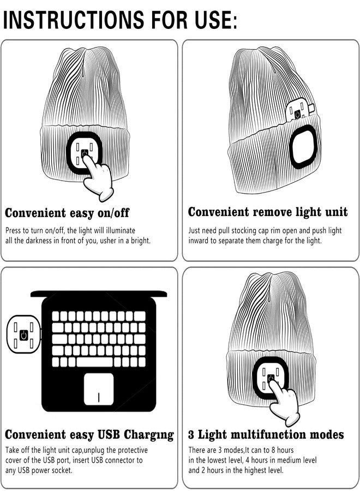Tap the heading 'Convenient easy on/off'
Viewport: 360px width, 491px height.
click(x=67, y=213)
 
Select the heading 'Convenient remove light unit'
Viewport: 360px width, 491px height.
click(x=268, y=212)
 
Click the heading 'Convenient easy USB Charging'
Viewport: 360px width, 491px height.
click(x=89, y=435)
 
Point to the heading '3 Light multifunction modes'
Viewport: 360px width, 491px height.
click(x=266, y=434)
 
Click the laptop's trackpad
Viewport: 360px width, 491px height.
click(x=99, y=389)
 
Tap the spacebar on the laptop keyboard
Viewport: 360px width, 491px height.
click(x=94, y=362)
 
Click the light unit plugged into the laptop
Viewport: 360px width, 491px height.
click(x=24, y=336)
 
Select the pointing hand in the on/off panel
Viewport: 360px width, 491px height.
click(x=98, y=177)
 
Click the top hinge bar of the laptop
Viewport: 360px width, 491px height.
click(x=99, y=294)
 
